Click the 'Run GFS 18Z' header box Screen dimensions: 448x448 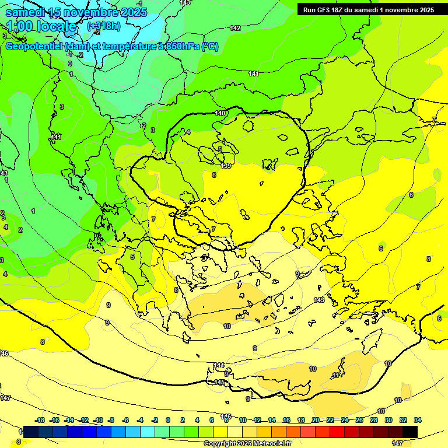pyautogui.click(x=369, y=9)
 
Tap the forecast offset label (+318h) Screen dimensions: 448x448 pyautogui.click(x=104, y=26)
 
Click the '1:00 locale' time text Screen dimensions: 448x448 pyautogui.click(x=42, y=26)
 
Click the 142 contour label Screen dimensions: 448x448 pyautogui.click(x=235, y=28)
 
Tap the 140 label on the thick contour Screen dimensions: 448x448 pyautogui.click(x=220, y=113)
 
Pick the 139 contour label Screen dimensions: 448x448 pyautogui.click(x=226, y=166)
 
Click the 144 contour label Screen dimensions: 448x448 pyautogui.click(x=219, y=365)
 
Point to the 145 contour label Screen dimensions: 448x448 pyautogui.click(x=219, y=382)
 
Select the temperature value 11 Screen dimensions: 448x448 pyautogui.click(x=335, y=375)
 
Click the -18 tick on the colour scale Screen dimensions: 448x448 pyautogui.click(x=40, y=420)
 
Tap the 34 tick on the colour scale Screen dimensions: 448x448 pyautogui.click(x=418, y=420)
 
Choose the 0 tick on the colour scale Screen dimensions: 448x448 pyautogui.click(x=168, y=420)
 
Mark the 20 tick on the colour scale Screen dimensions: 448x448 pyautogui.click(x=315, y=420)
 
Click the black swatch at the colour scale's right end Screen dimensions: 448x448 pyautogui.click(x=410, y=432)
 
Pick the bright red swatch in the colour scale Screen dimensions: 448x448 pyautogui.click(x=337, y=432)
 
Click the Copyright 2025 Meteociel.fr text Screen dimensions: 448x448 pyautogui.click(x=247, y=443)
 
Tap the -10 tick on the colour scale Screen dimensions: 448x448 pyautogui.click(x=99, y=420)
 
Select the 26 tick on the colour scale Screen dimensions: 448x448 pyautogui.click(x=360, y=420)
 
